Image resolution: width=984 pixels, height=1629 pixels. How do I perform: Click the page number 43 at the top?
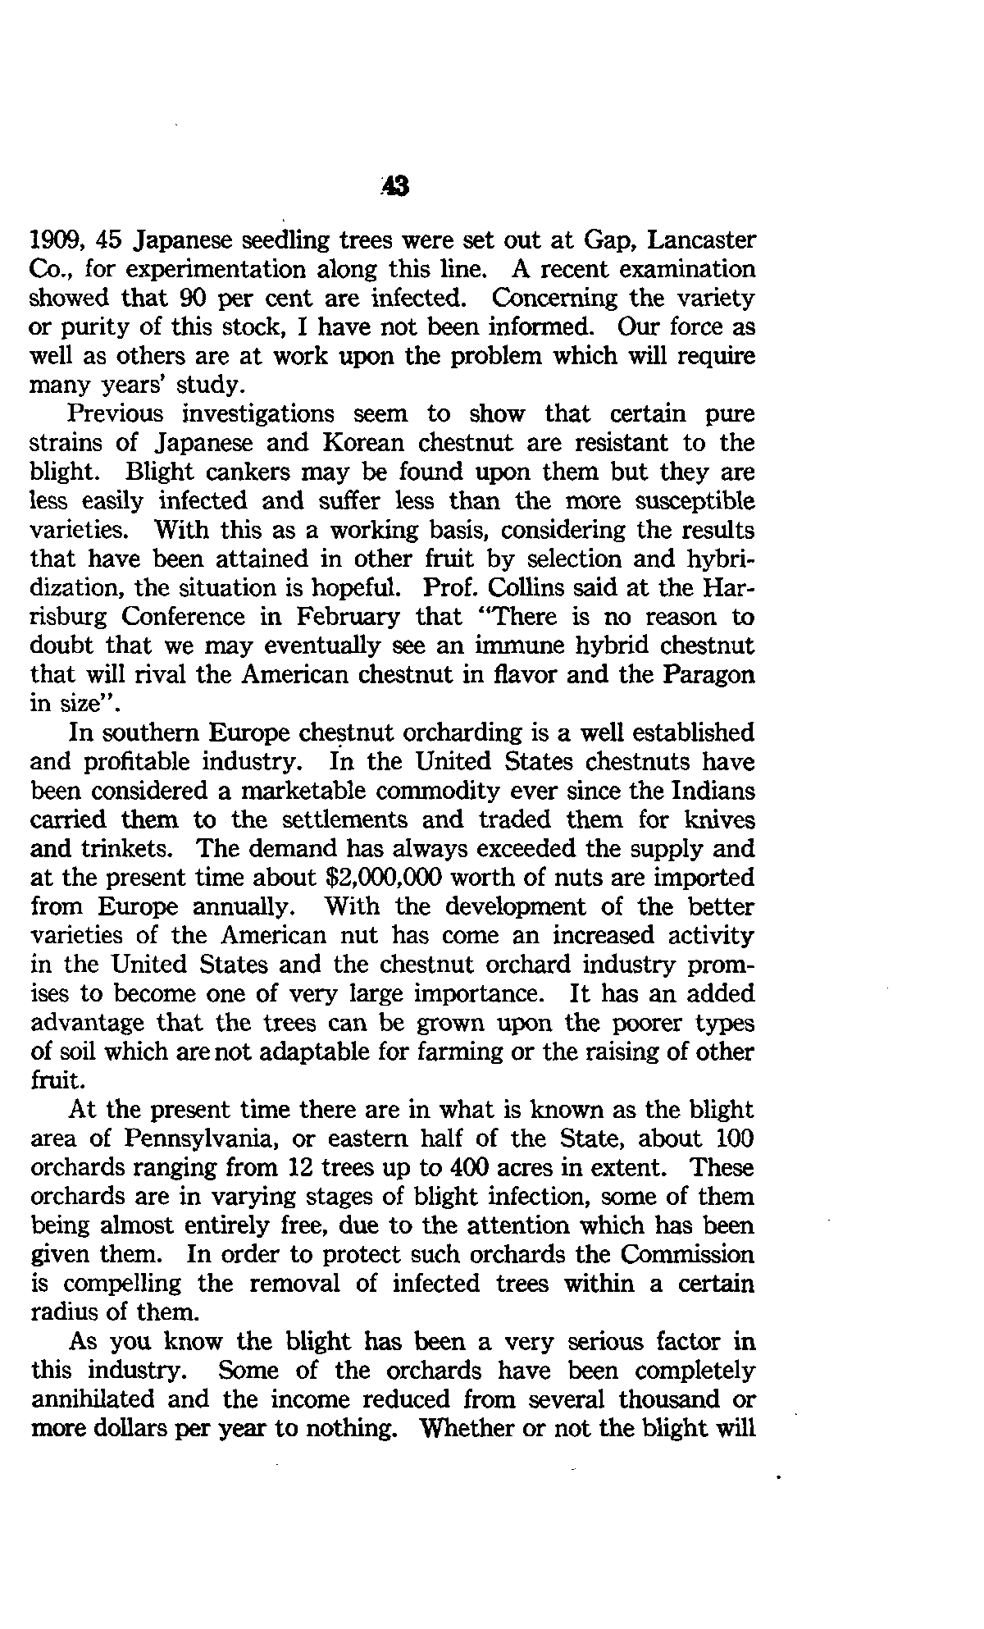[395, 189]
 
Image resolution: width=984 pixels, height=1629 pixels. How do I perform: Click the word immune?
[462, 646]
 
